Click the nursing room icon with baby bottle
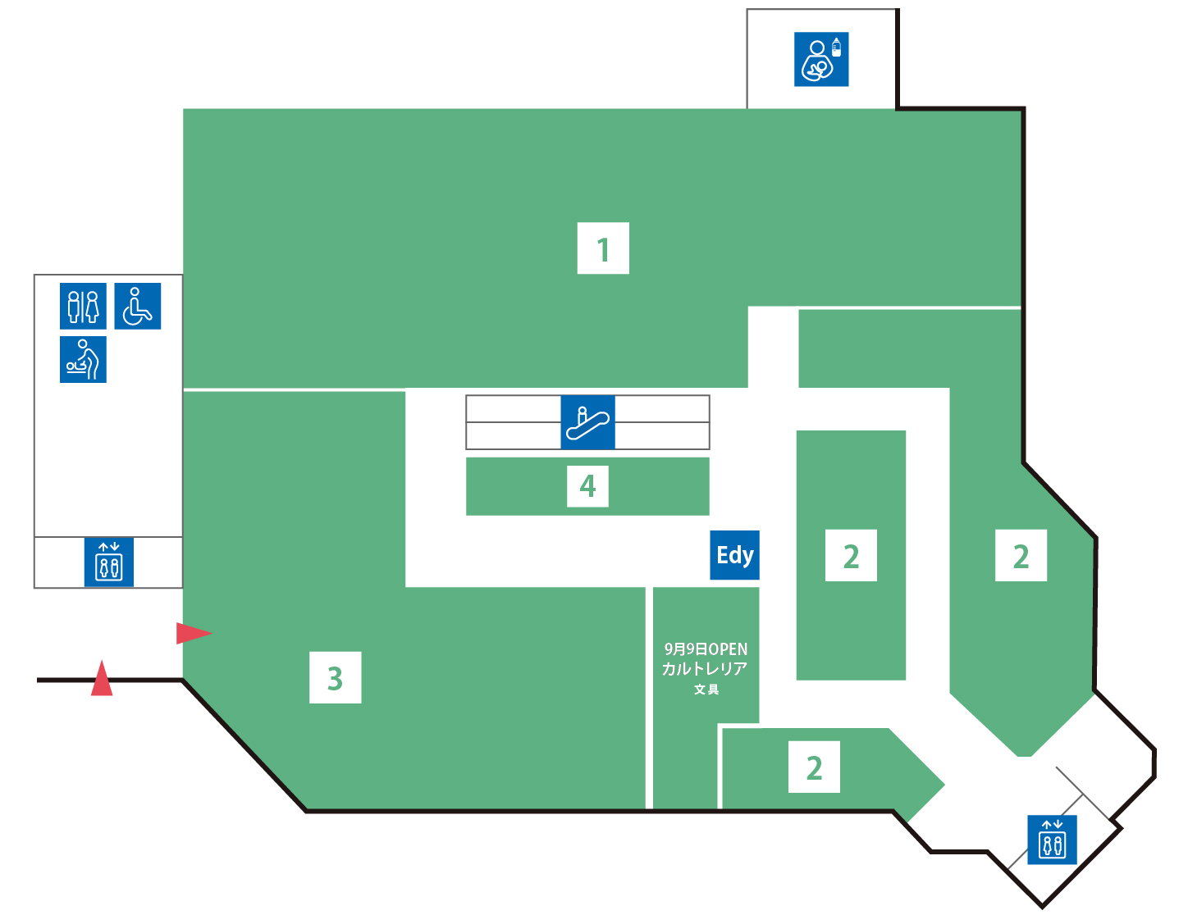pyautogui.click(x=821, y=59)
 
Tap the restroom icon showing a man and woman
pyautogui.click(x=83, y=306)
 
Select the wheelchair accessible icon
pyautogui.click(x=137, y=306)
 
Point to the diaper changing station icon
pyautogui.click(x=83, y=359)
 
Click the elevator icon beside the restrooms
pyautogui.click(x=109, y=562)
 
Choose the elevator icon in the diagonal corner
pyautogui.click(x=1052, y=840)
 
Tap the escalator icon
pyautogui.click(x=587, y=422)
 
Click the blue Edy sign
pyautogui.click(x=734, y=555)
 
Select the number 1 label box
pyautogui.click(x=603, y=248)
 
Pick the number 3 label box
pyautogui.click(x=335, y=677)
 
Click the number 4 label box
pyautogui.click(x=587, y=486)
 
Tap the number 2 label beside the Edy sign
pyautogui.click(x=851, y=555)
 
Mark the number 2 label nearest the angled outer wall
pyautogui.click(x=1021, y=555)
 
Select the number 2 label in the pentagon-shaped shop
pyautogui.click(x=814, y=767)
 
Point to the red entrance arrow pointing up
pyautogui.click(x=102, y=678)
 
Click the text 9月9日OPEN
pyautogui.click(x=706, y=649)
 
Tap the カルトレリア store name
pyautogui.click(x=705, y=669)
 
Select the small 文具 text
pyautogui.click(x=706, y=690)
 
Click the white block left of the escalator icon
pyautogui.click(x=513, y=422)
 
